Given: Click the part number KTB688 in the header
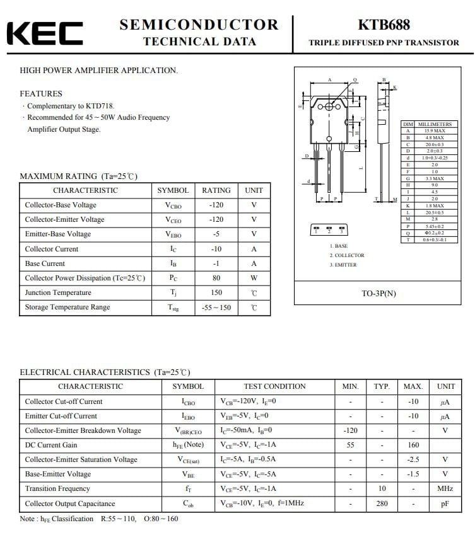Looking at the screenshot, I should point(384,25).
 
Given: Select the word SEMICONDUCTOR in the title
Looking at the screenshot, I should point(199,25).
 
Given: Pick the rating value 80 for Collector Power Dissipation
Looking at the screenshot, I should point(216,278).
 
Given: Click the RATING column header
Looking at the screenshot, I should point(216,190).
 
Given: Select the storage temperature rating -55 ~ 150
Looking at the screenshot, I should point(216,308).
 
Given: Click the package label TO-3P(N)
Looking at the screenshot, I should point(378,294).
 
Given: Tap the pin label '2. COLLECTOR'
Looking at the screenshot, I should point(347,255).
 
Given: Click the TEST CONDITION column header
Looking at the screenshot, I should point(274,386).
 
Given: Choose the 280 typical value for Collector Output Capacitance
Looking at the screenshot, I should point(382,503).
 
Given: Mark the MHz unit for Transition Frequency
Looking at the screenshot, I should point(445,488).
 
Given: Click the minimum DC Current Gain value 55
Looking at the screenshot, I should point(350,445).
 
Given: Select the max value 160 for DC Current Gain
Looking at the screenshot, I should point(413,445).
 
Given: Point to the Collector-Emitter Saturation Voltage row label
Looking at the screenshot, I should point(81,459).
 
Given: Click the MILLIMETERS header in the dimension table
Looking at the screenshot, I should point(435,125).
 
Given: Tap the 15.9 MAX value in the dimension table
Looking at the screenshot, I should point(435,131).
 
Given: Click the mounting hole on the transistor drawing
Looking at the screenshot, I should point(329,108).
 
